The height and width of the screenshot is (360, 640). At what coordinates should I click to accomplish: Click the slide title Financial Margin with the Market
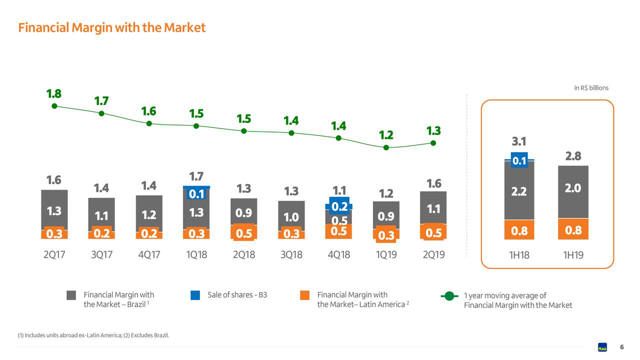coord(111,27)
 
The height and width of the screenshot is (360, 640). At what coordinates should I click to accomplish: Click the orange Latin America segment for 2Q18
coord(243,233)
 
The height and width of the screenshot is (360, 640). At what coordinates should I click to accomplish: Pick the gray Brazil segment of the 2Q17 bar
coord(54,210)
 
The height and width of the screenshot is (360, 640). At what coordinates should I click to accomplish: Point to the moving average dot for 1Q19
coord(386,147)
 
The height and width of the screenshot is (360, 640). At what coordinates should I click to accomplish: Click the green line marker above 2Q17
coord(54,106)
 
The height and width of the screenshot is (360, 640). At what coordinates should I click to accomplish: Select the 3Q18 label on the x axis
coord(291,255)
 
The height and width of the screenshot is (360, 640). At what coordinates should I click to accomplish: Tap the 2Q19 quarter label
coord(433,255)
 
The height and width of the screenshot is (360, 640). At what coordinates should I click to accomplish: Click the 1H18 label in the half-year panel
coord(519,255)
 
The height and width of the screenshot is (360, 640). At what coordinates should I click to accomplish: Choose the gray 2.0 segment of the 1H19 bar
coord(573,192)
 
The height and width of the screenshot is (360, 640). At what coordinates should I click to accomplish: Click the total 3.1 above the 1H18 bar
coord(519,141)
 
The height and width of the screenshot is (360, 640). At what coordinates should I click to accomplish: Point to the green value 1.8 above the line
coord(54,93)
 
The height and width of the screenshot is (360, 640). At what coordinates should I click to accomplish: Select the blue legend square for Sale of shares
coord(195,295)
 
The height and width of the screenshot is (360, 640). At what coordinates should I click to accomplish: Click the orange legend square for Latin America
coord(304,295)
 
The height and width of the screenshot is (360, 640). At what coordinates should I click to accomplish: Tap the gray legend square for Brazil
coord(71,295)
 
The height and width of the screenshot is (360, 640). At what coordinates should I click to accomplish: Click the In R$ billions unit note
coord(591,88)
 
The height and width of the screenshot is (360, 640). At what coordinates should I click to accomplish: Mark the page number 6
coord(621,347)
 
